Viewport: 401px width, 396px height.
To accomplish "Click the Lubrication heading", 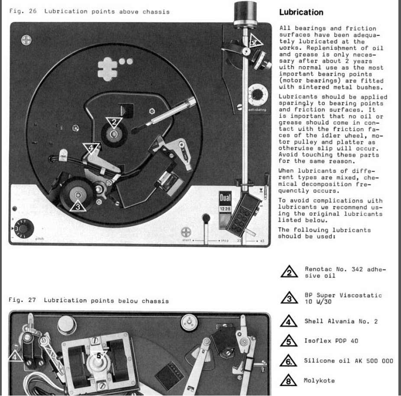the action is (301, 12).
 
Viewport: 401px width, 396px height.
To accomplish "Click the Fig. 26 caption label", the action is (23, 11).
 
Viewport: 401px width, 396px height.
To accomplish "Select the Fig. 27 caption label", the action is (22, 300).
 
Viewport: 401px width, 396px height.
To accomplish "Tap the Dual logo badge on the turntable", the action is (225, 198).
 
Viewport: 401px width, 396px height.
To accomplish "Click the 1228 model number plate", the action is (225, 209).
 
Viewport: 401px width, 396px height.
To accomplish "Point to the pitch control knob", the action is (23, 228).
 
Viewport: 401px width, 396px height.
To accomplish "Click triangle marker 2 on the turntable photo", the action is (114, 122).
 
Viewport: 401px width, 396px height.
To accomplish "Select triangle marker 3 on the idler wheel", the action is (78, 206).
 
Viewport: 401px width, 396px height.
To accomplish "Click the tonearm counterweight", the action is (245, 13).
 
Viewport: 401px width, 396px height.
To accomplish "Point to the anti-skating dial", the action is (258, 95).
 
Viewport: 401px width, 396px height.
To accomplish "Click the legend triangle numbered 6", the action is (288, 361).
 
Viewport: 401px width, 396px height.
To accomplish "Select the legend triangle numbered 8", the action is (288, 380).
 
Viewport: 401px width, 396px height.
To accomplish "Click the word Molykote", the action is (319, 380).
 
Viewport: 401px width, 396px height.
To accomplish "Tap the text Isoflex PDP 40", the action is (331, 341).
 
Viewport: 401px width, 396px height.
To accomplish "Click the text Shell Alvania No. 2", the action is (341, 322).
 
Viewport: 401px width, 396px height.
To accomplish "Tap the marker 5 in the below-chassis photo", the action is (99, 355).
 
